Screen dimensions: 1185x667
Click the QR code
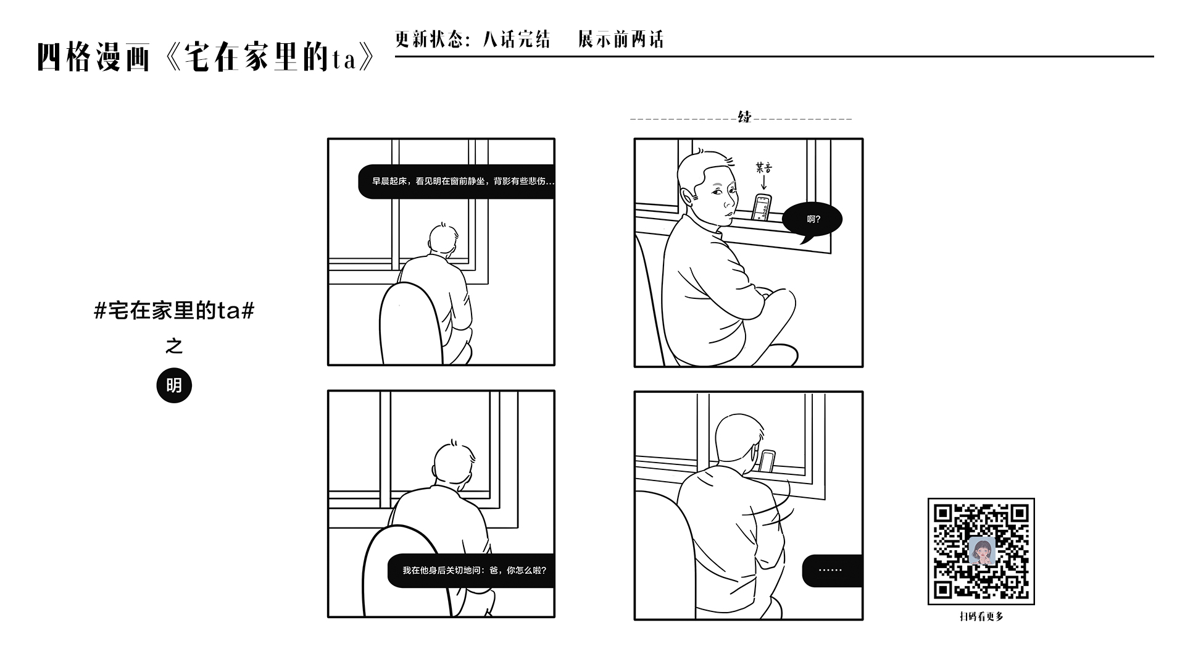click(981, 552)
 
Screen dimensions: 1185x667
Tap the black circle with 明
click(174, 385)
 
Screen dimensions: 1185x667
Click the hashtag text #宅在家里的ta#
click(174, 310)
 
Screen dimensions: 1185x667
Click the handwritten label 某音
click(763, 167)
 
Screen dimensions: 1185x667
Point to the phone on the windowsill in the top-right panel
click(763, 207)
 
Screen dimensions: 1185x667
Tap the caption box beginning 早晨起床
click(457, 182)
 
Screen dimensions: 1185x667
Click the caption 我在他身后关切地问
click(474, 570)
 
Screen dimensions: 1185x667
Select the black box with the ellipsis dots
click(831, 571)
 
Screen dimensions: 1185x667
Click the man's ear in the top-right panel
click(689, 198)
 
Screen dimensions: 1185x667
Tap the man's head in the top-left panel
click(443, 239)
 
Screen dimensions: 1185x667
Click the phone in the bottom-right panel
click(767, 461)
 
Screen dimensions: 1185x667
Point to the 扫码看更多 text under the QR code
click(981, 616)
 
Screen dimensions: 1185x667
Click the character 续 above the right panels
click(745, 117)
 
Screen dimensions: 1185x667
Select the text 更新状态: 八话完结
click(473, 40)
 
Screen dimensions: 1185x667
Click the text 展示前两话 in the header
click(621, 40)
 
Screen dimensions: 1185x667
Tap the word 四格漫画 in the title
click(94, 57)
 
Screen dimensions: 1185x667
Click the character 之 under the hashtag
click(174, 346)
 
